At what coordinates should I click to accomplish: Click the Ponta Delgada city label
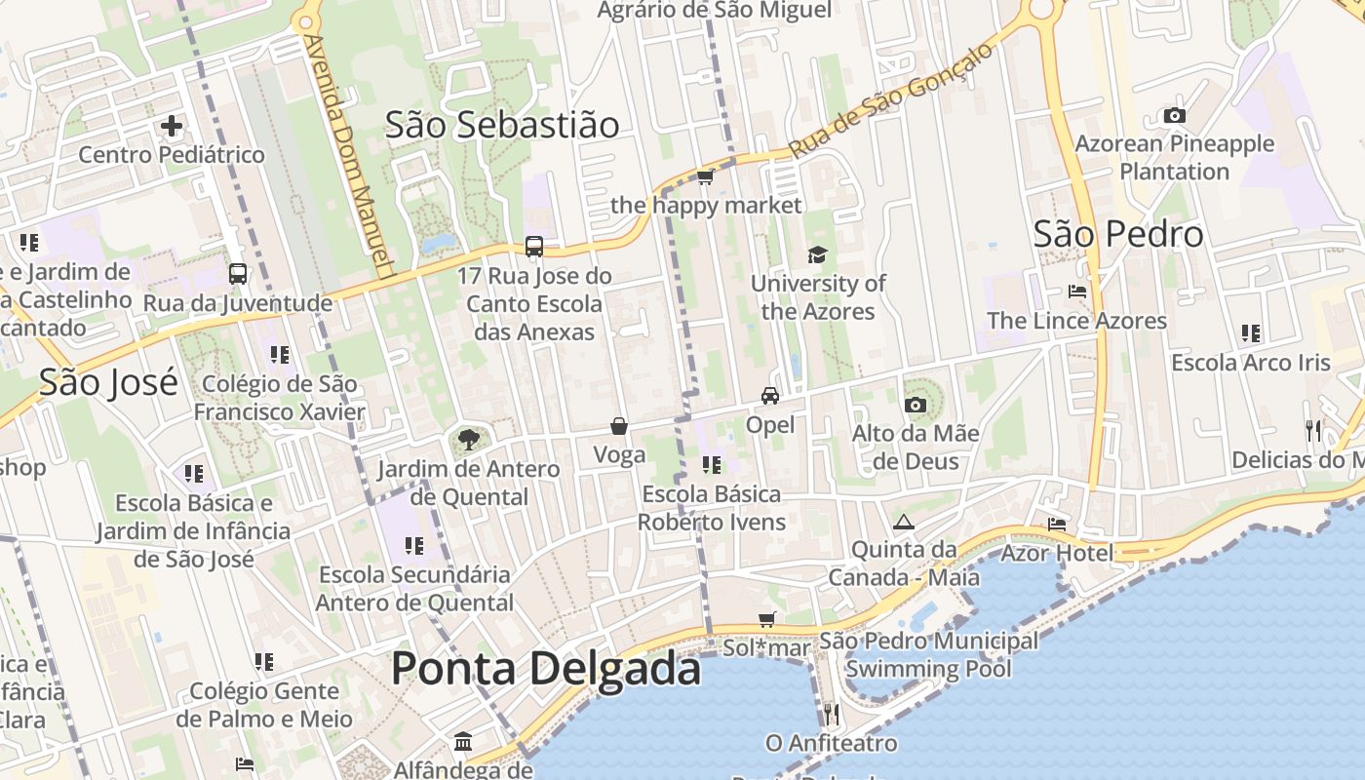(x=546, y=669)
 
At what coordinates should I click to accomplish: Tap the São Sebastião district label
(x=502, y=125)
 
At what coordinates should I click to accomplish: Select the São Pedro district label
(x=1118, y=234)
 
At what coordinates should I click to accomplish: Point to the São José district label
(x=108, y=382)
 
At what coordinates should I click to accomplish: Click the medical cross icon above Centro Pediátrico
(x=172, y=126)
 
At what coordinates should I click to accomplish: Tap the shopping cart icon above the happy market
(x=705, y=176)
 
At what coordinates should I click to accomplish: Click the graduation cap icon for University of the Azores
(x=817, y=255)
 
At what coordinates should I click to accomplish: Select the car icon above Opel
(x=770, y=396)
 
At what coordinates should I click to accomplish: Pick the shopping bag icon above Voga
(x=619, y=426)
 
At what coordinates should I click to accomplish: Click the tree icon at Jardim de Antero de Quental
(x=469, y=440)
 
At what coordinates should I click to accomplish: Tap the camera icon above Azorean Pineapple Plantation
(x=1175, y=116)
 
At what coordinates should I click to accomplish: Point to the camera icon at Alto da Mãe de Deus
(x=915, y=405)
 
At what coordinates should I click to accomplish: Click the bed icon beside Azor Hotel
(x=1057, y=525)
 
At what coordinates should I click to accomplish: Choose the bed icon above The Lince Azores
(x=1077, y=292)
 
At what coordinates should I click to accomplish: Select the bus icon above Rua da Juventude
(x=238, y=274)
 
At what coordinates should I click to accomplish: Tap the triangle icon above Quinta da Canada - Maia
(x=904, y=522)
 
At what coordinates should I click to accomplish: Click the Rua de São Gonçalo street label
(x=891, y=100)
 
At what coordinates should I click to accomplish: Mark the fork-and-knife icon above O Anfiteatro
(x=831, y=714)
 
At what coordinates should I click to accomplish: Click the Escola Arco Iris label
(x=1250, y=363)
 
